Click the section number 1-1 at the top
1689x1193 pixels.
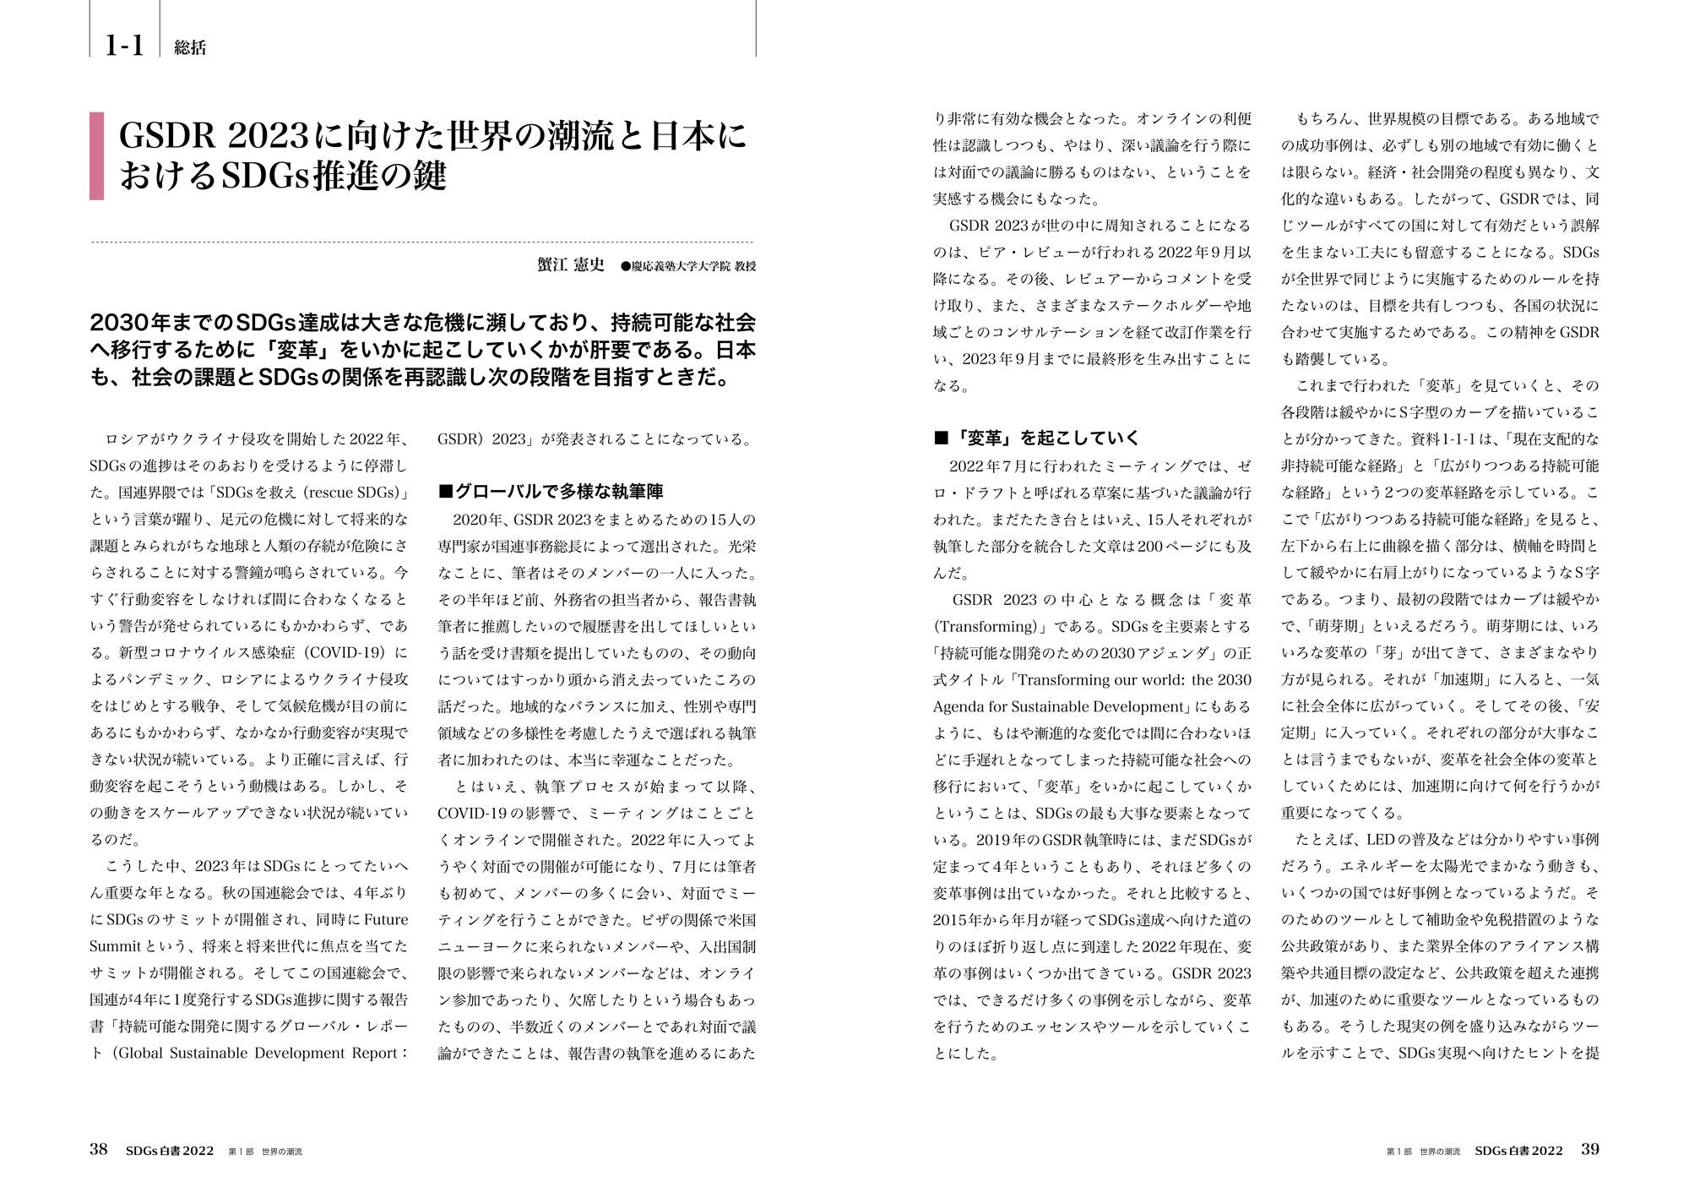(124, 46)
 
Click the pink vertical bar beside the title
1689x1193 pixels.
(96, 156)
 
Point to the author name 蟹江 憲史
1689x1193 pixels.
(571, 264)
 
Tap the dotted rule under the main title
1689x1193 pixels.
(422, 242)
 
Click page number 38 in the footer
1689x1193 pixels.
(98, 1149)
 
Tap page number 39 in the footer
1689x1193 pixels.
(1589, 1149)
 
